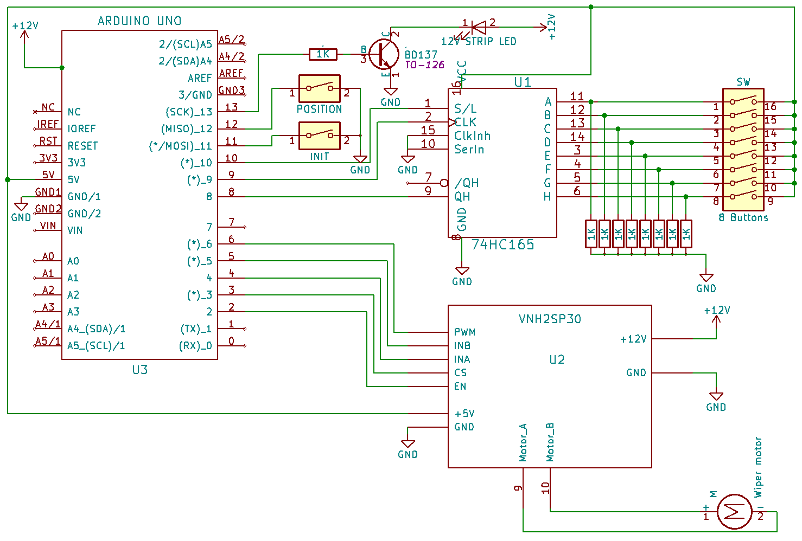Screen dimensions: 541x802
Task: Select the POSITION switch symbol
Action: (x=320, y=88)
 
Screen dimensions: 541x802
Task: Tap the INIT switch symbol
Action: (x=320, y=136)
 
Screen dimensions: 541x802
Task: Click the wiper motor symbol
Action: (x=734, y=511)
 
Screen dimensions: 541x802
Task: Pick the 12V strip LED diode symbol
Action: (x=479, y=27)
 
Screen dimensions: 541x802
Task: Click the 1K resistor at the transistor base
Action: (x=323, y=54)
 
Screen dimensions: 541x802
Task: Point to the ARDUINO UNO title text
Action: (x=139, y=21)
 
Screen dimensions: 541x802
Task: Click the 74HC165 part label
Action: (x=502, y=245)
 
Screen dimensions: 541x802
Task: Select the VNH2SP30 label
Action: (x=550, y=319)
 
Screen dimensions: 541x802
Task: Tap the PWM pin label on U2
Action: (x=464, y=332)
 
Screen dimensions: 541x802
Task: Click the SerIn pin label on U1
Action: (x=469, y=149)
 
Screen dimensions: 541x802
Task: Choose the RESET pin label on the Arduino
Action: (x=82, y=146)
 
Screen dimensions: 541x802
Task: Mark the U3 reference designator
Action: (x=139, y=370)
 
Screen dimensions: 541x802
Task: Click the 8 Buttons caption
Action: (x=743, y=217)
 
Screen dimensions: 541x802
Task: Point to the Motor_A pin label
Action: (x=523, y=442)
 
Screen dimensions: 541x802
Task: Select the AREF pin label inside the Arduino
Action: (x=200, y=78)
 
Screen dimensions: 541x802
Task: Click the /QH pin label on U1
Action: (x=467, y=183)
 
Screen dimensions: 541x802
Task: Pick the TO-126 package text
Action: (x=424, y=65)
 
